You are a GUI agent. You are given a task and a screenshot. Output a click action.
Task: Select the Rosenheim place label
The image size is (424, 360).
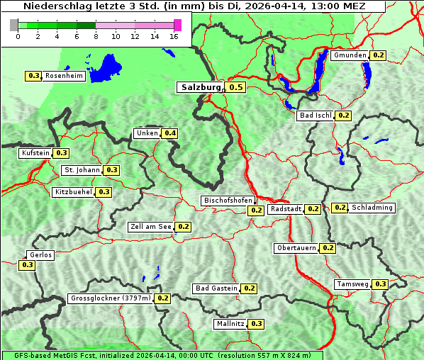[x=64, y=76]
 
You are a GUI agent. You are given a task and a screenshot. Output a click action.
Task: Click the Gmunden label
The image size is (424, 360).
[x=350, y=55]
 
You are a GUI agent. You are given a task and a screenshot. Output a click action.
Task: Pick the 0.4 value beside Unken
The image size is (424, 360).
[x=169, y=133]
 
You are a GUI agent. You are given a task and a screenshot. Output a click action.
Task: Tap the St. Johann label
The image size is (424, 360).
[x=82, y=170]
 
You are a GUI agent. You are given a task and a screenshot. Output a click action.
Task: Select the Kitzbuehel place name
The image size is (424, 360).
[x=73, y=192]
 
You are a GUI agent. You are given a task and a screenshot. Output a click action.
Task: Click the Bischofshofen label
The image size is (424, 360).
[x=228, y=201]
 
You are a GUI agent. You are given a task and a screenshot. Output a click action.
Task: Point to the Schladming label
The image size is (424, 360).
[x=372, y=208]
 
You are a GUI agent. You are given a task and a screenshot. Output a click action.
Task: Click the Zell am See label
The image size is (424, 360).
[x=150, y=227]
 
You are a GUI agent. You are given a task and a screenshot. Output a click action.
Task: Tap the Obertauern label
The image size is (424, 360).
[x=296, y=248]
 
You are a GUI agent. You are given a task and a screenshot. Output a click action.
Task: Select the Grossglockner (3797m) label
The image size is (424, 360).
[x=111, y=298]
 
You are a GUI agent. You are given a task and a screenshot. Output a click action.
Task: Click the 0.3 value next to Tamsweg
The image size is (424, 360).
[x=381, y=284]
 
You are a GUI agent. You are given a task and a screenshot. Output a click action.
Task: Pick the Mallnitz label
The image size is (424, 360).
[x=230, y=324]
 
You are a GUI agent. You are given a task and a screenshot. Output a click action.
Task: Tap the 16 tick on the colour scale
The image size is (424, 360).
[x=174, y=36]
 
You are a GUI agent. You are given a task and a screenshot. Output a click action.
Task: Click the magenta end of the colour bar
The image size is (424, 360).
[x=177, y=25]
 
